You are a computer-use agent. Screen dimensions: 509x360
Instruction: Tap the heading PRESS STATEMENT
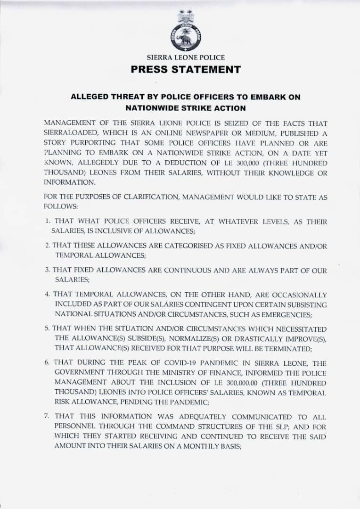pos(186,70)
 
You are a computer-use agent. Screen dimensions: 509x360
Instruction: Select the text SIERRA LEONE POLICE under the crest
pos(186,57)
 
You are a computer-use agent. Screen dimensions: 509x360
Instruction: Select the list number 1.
pos(48,222)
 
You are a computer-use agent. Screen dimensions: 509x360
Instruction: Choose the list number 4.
pos(48,295)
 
